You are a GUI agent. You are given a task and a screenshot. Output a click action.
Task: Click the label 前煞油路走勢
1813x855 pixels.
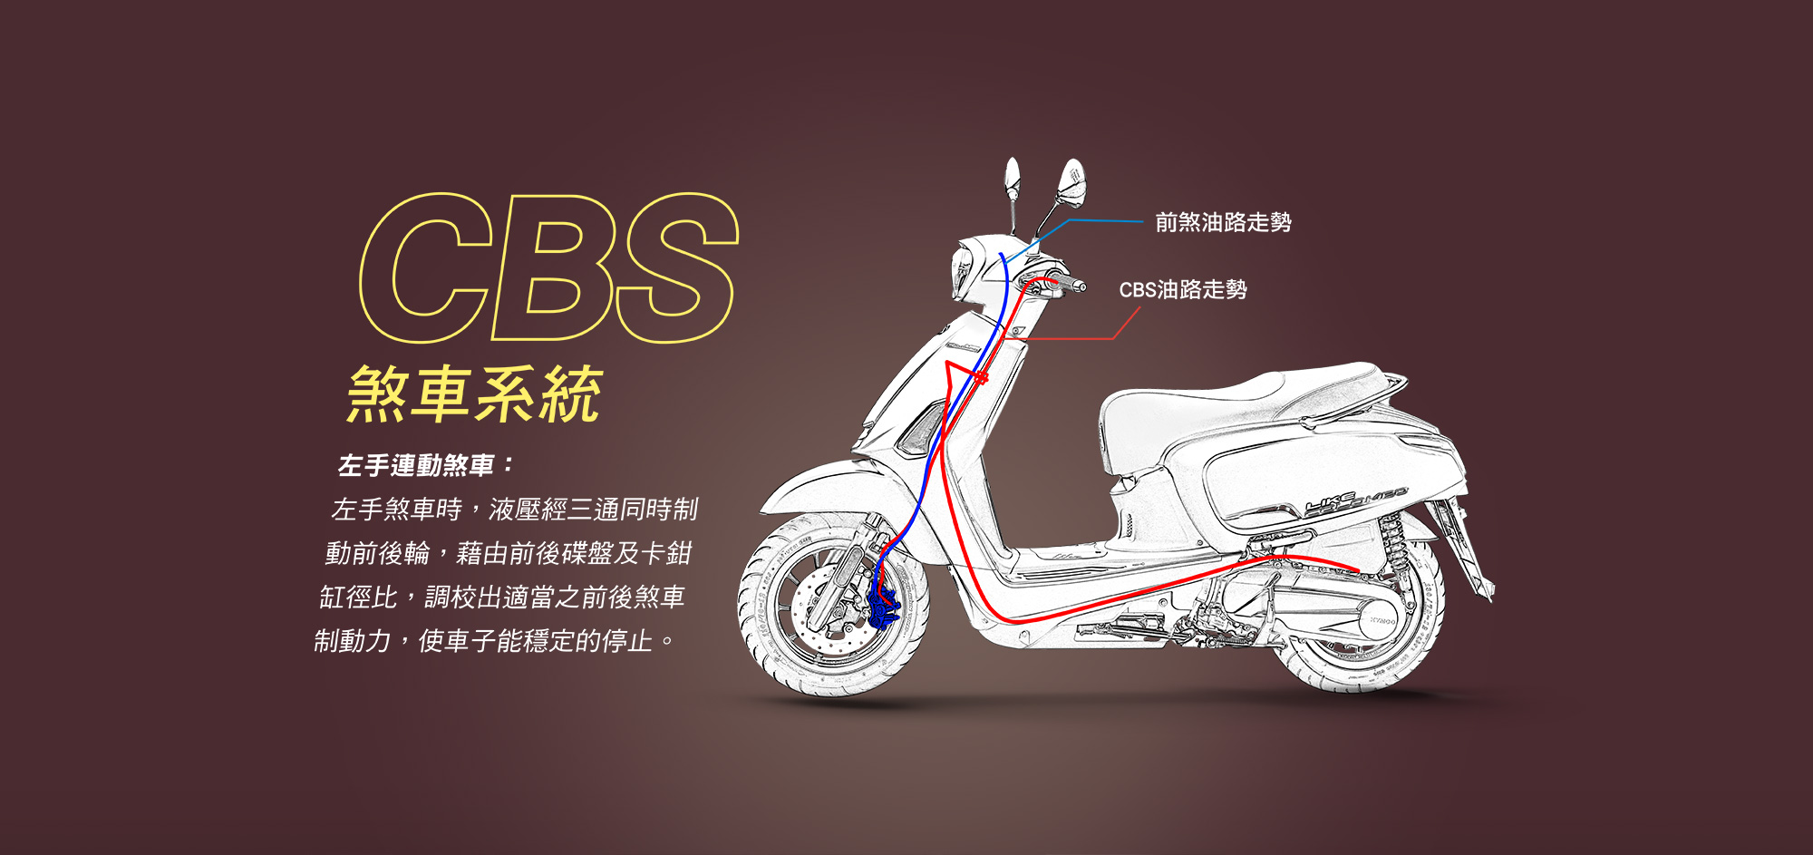point(1222,222)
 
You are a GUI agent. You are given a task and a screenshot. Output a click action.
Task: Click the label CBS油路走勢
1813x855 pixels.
point(1182,290)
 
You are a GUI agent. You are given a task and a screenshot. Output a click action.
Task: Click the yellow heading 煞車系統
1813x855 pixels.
point(474,395)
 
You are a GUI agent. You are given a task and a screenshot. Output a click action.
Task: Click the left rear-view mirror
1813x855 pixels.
point(1012,178)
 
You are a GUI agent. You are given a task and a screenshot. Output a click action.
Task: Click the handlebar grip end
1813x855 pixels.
point(1078,287)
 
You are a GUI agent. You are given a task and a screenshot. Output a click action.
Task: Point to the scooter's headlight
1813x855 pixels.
point(961,268)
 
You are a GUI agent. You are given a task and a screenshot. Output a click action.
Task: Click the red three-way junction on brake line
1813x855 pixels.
point(979,376)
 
